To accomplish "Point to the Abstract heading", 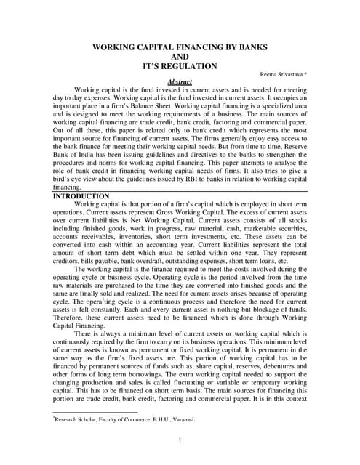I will [x=179, y=83].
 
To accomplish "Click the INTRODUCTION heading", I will [x=82, y=196].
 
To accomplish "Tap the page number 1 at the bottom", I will [x=179, y=440].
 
